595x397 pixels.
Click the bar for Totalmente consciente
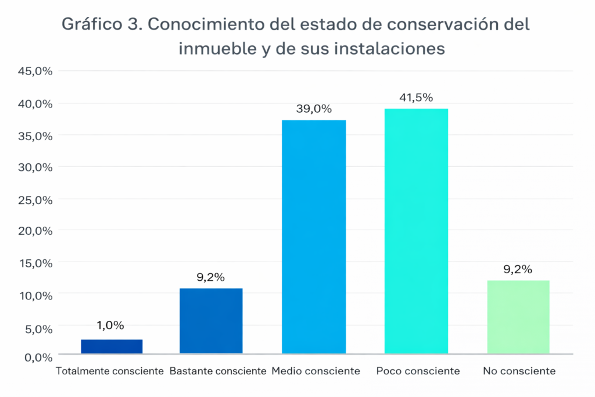(112, 346)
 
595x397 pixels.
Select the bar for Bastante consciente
(211, 321)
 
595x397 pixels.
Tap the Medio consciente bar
(314, 237)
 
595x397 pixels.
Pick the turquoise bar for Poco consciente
(416, 231)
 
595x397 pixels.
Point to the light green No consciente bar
(518, 317)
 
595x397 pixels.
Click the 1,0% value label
(111, 326)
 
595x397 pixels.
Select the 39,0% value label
(314, 109)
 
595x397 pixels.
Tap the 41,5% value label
(416, 98)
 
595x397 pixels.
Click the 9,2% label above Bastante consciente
(211, 277)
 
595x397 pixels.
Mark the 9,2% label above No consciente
(518, 270)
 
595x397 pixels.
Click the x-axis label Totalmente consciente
(110, 371)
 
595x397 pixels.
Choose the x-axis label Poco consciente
(418, 371)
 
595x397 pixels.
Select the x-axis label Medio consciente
(316, 371)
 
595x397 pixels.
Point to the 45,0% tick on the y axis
(36, 71)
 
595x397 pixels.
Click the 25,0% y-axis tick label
(36, 199)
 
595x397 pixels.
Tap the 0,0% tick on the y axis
(38, 356)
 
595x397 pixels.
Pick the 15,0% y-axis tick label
(36, 263)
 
